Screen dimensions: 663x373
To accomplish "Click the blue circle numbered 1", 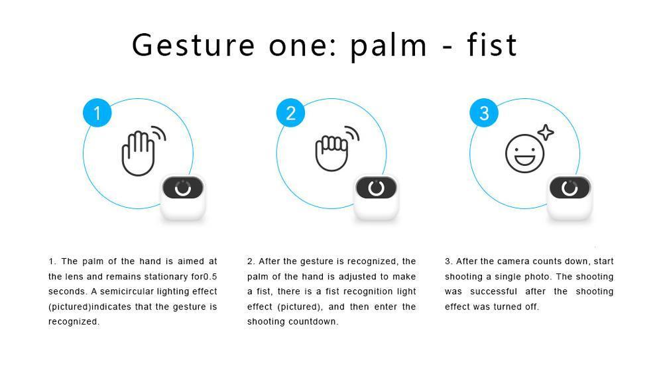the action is (97, 113).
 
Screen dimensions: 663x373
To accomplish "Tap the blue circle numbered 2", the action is (290, 113).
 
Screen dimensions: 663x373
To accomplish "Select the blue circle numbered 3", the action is (484, 113).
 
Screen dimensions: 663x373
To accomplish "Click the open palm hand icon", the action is (138, 153).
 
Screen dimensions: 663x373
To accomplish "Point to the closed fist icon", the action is (332, 153).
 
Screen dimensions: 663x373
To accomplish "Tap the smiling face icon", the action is (524, 154).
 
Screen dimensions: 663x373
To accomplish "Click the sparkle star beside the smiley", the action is (546, 133).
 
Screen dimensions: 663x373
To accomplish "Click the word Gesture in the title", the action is (193, 45).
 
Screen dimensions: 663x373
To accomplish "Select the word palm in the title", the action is (389, 46).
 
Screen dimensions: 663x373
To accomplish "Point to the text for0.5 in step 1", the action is (204, 277).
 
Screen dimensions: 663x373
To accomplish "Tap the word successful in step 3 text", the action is (493, 291).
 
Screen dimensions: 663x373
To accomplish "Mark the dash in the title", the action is (447, 47).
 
